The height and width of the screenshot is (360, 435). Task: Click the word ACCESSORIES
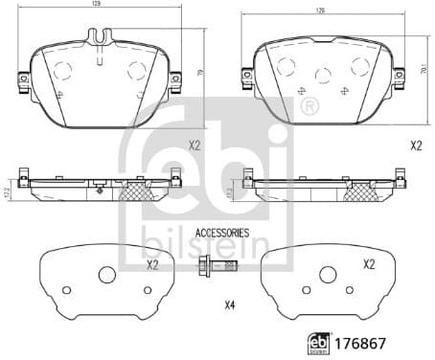coord(222,233)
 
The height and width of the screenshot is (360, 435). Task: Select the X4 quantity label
coord(229,305)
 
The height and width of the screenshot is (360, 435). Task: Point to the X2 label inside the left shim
coord(151,265)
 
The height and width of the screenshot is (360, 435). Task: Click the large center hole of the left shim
coord(106,275)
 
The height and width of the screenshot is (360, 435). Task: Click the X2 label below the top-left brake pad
coord(194,146)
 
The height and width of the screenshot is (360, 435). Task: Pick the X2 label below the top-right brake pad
coord(416,146)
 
